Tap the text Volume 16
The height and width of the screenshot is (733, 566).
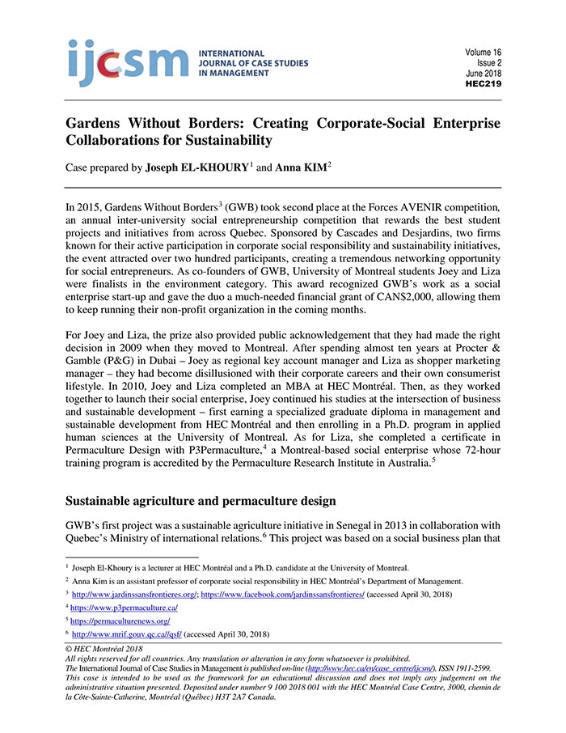pos(483,53)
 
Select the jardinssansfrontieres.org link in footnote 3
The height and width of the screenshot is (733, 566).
pos(133,594)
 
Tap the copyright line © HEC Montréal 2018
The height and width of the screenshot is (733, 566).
pos(106,649)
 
